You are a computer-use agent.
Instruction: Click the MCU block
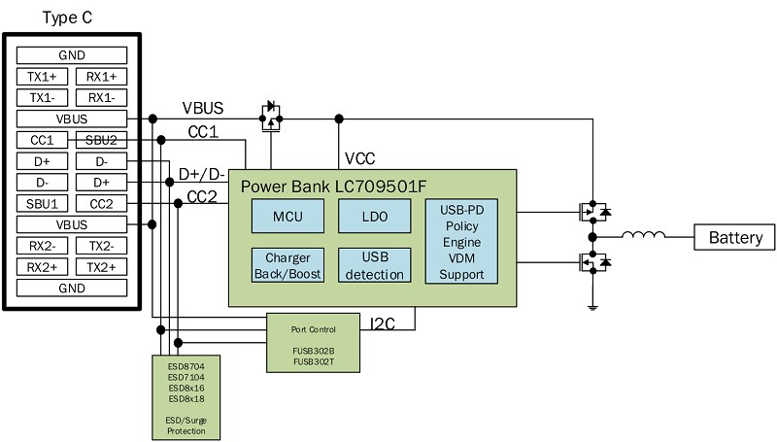coord(287,216)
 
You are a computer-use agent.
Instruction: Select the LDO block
coord(375,216)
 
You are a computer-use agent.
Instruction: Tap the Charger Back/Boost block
coord(287,265)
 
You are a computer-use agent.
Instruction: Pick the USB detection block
coord(375,265)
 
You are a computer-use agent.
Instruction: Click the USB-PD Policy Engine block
coord(461,241)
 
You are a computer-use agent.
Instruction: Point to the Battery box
coord(734,237)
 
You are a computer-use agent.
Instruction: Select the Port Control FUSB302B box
coord(313,343)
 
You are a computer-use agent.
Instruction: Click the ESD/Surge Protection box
coord(186,397)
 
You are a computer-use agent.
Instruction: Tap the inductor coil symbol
coord(643,234)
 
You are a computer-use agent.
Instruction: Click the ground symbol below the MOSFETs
coord(592,308)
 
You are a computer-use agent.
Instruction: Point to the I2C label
coord(383,324)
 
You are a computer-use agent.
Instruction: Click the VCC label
coord(359,159)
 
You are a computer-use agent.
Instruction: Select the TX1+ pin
coord(42,77)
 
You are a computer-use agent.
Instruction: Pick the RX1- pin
coord(101,97)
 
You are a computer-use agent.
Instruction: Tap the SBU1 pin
coord(42,204)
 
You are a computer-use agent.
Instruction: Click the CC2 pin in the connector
coord(101,204)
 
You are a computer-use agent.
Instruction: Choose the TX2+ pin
coord(101,267)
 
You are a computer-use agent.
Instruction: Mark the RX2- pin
coord(42,246)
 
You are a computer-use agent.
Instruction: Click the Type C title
coord(67,17)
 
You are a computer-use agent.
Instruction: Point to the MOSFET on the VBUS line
coord(271,117)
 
